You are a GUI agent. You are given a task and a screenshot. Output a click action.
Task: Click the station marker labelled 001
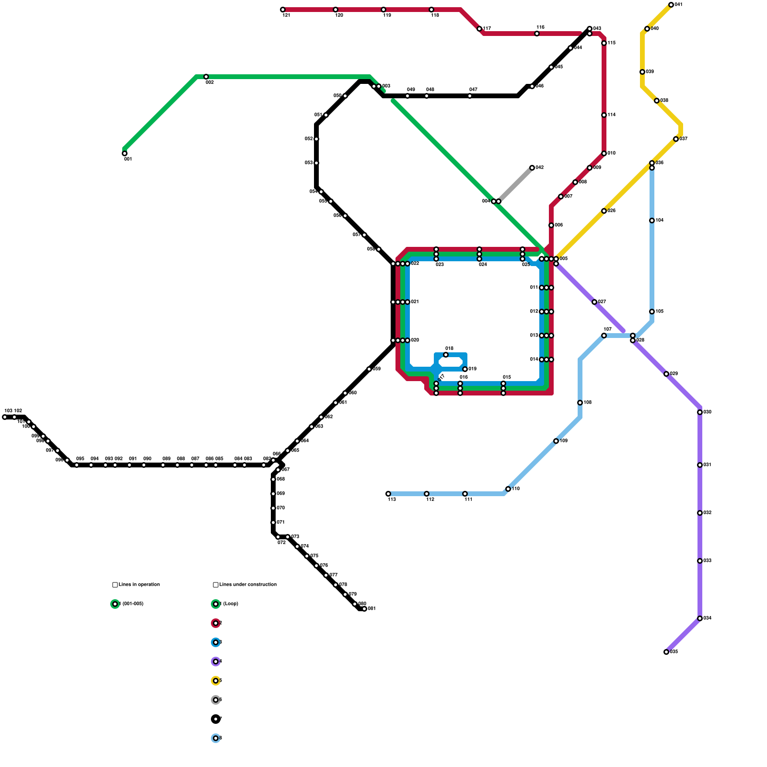(125, 153)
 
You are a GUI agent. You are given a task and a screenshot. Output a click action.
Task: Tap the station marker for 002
(206, 77)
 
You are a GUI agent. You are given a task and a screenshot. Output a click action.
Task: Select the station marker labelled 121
(283, 10)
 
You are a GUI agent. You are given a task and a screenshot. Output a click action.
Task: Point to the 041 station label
(678, 5)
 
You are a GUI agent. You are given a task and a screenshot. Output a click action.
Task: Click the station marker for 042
(532, 168)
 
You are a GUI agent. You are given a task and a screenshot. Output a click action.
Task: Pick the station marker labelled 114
(604, 115)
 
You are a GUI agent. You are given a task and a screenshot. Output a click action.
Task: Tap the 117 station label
(487, 29)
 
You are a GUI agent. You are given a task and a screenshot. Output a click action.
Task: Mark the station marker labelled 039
(642, 72)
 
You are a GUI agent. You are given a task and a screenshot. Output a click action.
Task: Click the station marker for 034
(700, 618)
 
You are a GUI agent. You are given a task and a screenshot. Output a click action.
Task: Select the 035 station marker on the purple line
(666, 652)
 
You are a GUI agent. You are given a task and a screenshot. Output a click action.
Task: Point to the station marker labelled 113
(388, 494)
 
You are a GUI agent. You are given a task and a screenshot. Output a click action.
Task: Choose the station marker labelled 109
(556, 441)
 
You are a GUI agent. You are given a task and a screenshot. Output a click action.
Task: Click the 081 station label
(372, 609)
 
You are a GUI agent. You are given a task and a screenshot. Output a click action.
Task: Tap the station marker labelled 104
(652, 221)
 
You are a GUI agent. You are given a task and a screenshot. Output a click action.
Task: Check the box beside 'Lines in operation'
(115, 585)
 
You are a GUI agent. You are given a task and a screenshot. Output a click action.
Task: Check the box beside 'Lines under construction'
(216, 585)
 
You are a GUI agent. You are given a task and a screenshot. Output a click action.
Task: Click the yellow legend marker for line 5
(216, 681)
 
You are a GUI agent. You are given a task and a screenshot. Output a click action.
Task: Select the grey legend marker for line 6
(216, 700)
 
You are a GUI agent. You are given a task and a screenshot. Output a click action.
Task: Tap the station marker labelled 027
(594, 302)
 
